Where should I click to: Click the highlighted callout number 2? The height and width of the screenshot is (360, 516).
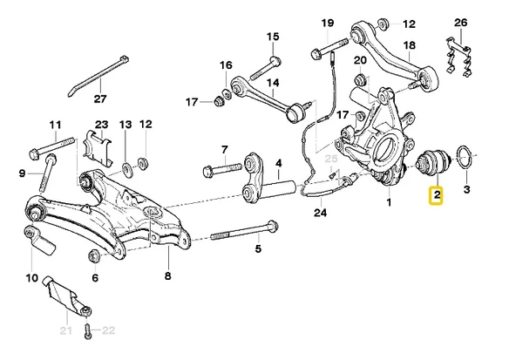coord(434,198)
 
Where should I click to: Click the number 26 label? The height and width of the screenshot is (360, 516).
coord(461,22)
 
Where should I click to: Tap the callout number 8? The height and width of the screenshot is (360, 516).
coord(167,277)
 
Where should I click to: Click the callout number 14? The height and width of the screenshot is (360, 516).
coord(272,84)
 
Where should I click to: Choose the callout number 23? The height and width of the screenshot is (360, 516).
coord(101,125)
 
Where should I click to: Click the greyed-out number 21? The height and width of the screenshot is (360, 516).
coord(64,329)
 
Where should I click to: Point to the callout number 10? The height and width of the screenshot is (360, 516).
coord(32,279)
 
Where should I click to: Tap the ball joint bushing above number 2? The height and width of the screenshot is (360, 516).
coord(432,163)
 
